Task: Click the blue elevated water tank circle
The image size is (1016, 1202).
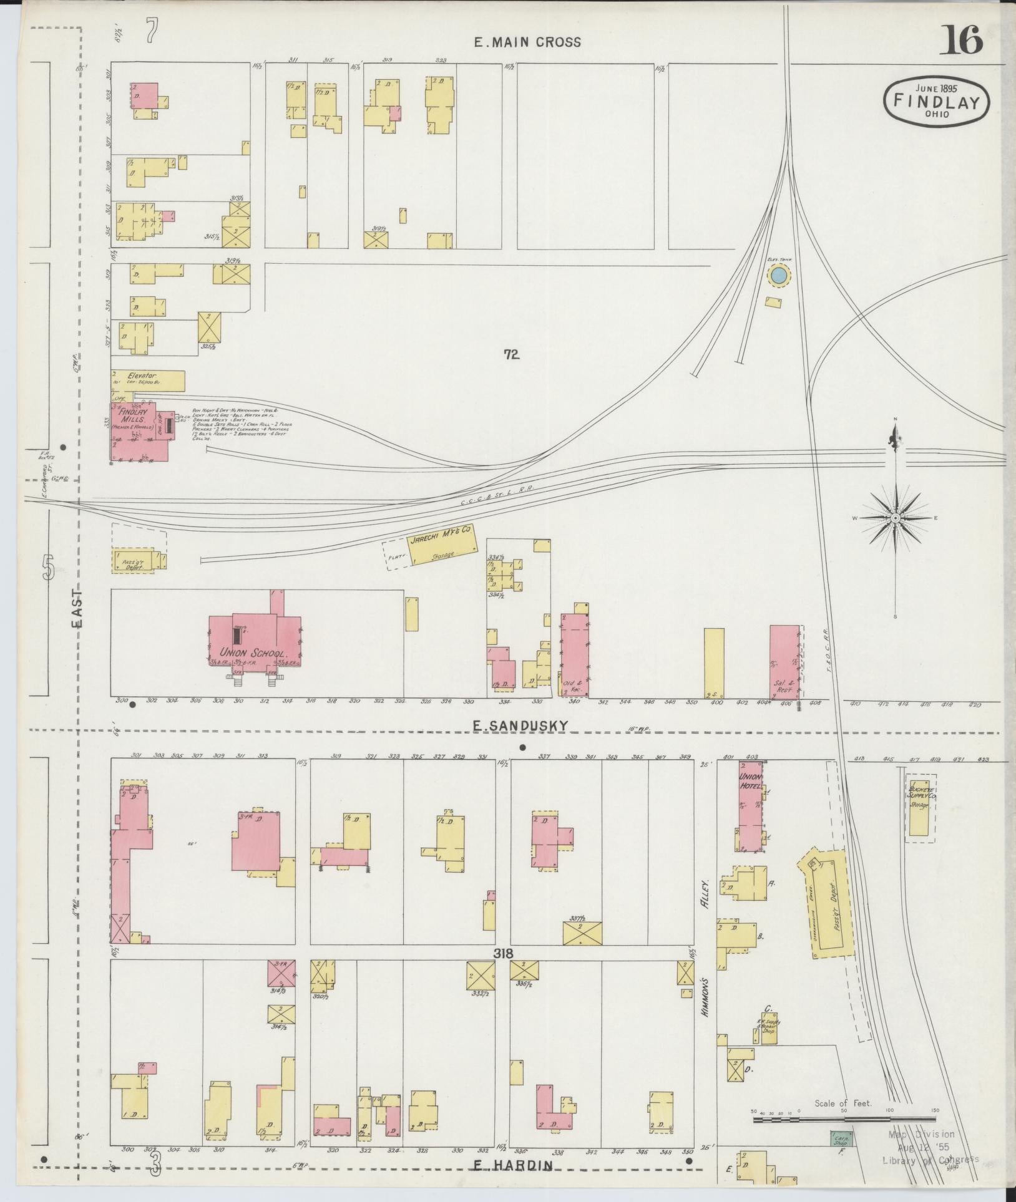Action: pos(778,275)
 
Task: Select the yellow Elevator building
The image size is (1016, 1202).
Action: pos(149,380)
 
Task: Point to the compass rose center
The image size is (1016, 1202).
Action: pos(896,518)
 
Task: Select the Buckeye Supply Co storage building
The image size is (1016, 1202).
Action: pos(918,807)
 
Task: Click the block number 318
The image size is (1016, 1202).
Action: pos(503,953)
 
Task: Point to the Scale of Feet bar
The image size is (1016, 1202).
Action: pos(843,1120)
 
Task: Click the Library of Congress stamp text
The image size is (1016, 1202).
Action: pos(930,1160)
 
